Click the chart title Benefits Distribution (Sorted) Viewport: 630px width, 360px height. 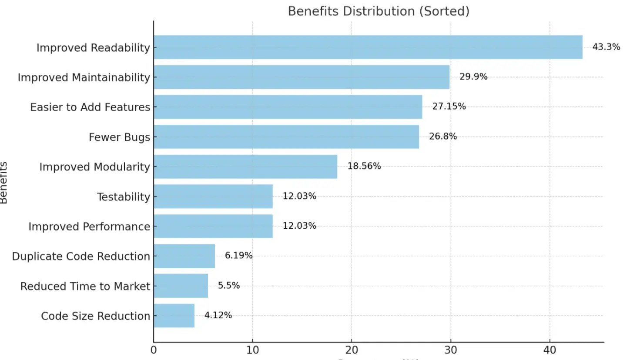click(x=379, y=11)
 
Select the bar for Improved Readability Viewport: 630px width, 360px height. click(x=368, y=47)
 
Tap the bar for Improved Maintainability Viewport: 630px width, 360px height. click(x=301, y=77)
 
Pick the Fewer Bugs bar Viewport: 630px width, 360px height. click(x=286, y=137)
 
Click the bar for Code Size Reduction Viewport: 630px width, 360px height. click(x=174, y=316)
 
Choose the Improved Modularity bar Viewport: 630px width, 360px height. click(x=245, y=167)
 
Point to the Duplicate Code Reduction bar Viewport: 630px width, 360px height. click(x=184, y=256)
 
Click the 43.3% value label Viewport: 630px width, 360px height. click(x=606, y=47)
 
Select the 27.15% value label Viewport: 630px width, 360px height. click(x=449, y=107)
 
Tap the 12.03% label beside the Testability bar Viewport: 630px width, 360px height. click(x=299, y=196)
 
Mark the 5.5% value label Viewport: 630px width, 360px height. click(x=228, y=286)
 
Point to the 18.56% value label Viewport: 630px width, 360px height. click(x=364, y=166)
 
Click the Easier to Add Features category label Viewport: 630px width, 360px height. click(x=90, y=107)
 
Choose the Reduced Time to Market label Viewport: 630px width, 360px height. click(x=85, y=286)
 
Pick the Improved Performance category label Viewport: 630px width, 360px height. click(x=89, y=227)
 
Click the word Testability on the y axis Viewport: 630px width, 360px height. click(x=123, y=197)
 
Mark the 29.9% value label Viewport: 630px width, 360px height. click(x=473, y=77)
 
